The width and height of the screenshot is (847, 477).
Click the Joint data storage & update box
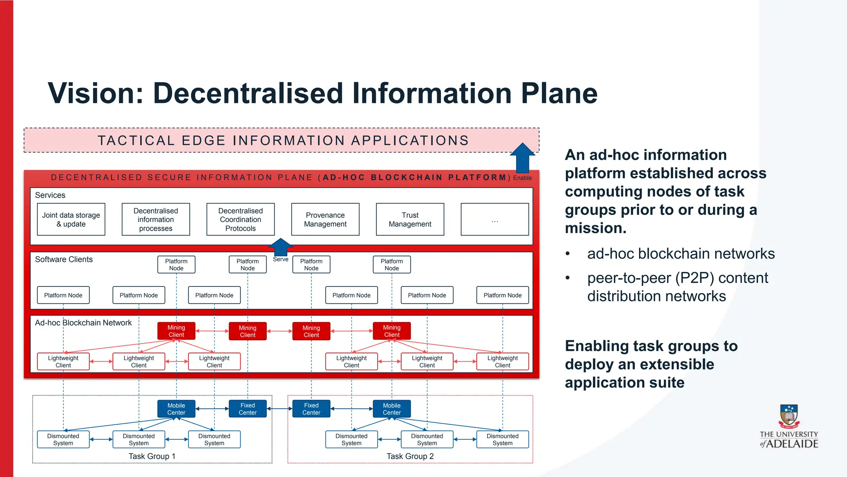point(71,219)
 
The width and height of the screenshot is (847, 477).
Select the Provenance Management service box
point(325,219)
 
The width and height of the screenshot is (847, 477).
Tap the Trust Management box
point(410,219)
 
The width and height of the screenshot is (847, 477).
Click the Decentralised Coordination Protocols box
point(240,219)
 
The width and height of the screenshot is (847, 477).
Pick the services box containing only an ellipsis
point(495,219)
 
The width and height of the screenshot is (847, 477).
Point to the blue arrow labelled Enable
point(522,159)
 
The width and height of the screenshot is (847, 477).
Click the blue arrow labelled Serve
point(281,247)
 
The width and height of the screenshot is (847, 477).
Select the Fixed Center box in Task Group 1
point(247,409)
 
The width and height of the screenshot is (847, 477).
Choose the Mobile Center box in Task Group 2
point(391,409)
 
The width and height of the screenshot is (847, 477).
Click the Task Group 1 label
point(152,456)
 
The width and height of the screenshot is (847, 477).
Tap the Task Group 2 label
point(410,456)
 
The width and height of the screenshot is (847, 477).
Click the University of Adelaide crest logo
point(789,417)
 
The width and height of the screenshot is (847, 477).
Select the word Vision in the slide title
point(95,93)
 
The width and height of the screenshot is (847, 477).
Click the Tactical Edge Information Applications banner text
point(283,141)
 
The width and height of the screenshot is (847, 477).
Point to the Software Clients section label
point(64,260)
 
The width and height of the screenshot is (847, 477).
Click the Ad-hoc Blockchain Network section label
point(83,323)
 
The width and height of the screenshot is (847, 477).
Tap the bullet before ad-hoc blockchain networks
point(568,254)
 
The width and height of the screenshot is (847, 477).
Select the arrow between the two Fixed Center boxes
point(280,409)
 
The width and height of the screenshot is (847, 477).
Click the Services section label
point(50,195)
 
